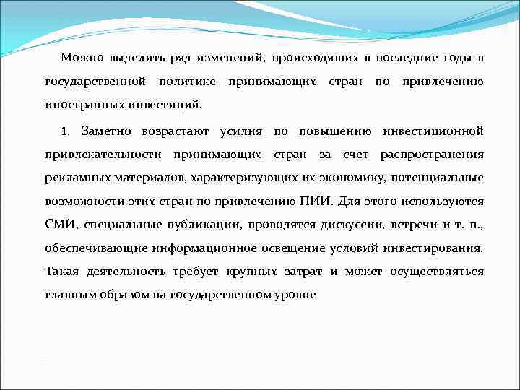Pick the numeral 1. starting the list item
point(66,131)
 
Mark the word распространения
point(432,155)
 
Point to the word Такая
point(62,272)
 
